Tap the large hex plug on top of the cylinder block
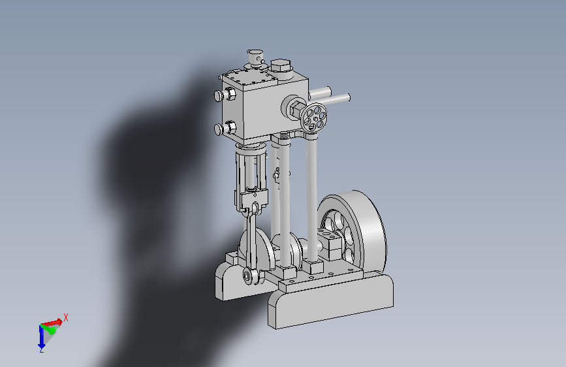coord(281,67)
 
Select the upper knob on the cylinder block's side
coord(225,95)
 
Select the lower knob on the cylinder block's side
coord(225,128)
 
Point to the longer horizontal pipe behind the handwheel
coord(329,99)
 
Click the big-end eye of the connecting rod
coord(247,276)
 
